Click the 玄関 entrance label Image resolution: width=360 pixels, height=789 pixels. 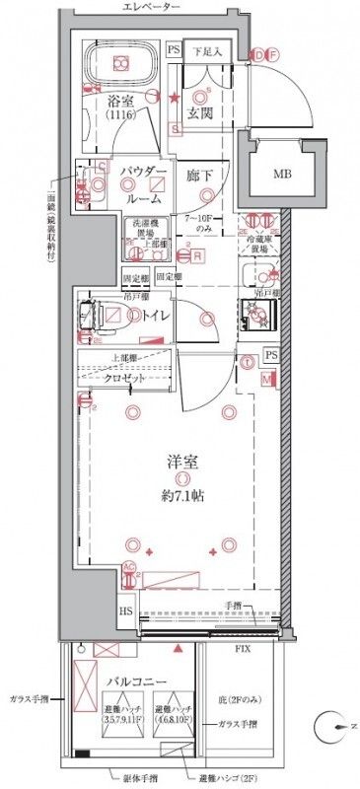(x=202, y=113)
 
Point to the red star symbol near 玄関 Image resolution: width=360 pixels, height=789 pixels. (x=174, y=97)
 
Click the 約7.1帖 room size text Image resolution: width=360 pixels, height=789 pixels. (x=181, y=496)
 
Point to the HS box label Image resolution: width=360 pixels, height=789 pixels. (x=127, y=611)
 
